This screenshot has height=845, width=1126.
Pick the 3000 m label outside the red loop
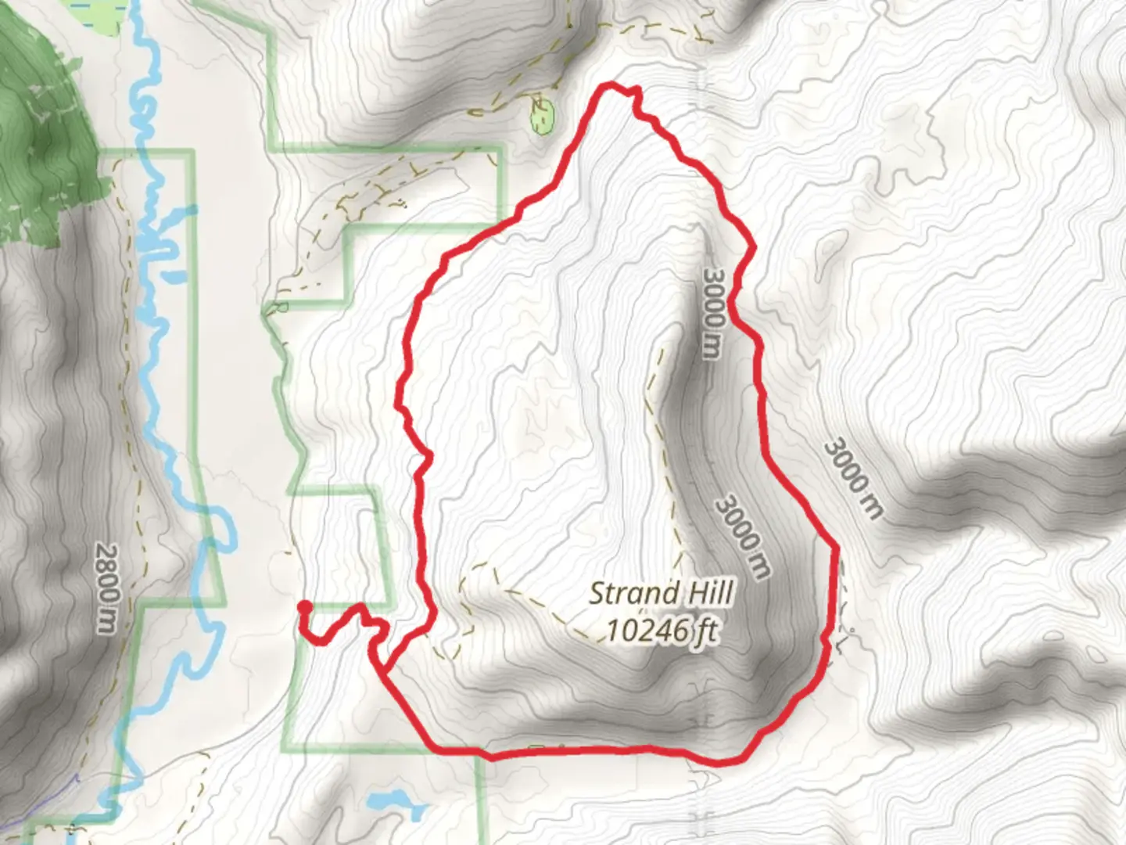[x=853, y=479]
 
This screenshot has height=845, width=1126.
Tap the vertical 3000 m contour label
[x=712, y=314]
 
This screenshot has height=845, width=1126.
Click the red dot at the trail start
[x=304, y=606]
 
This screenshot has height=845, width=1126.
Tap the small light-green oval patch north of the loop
[x=543, y=118]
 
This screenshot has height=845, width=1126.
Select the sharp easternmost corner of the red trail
[x=835, y=548]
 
